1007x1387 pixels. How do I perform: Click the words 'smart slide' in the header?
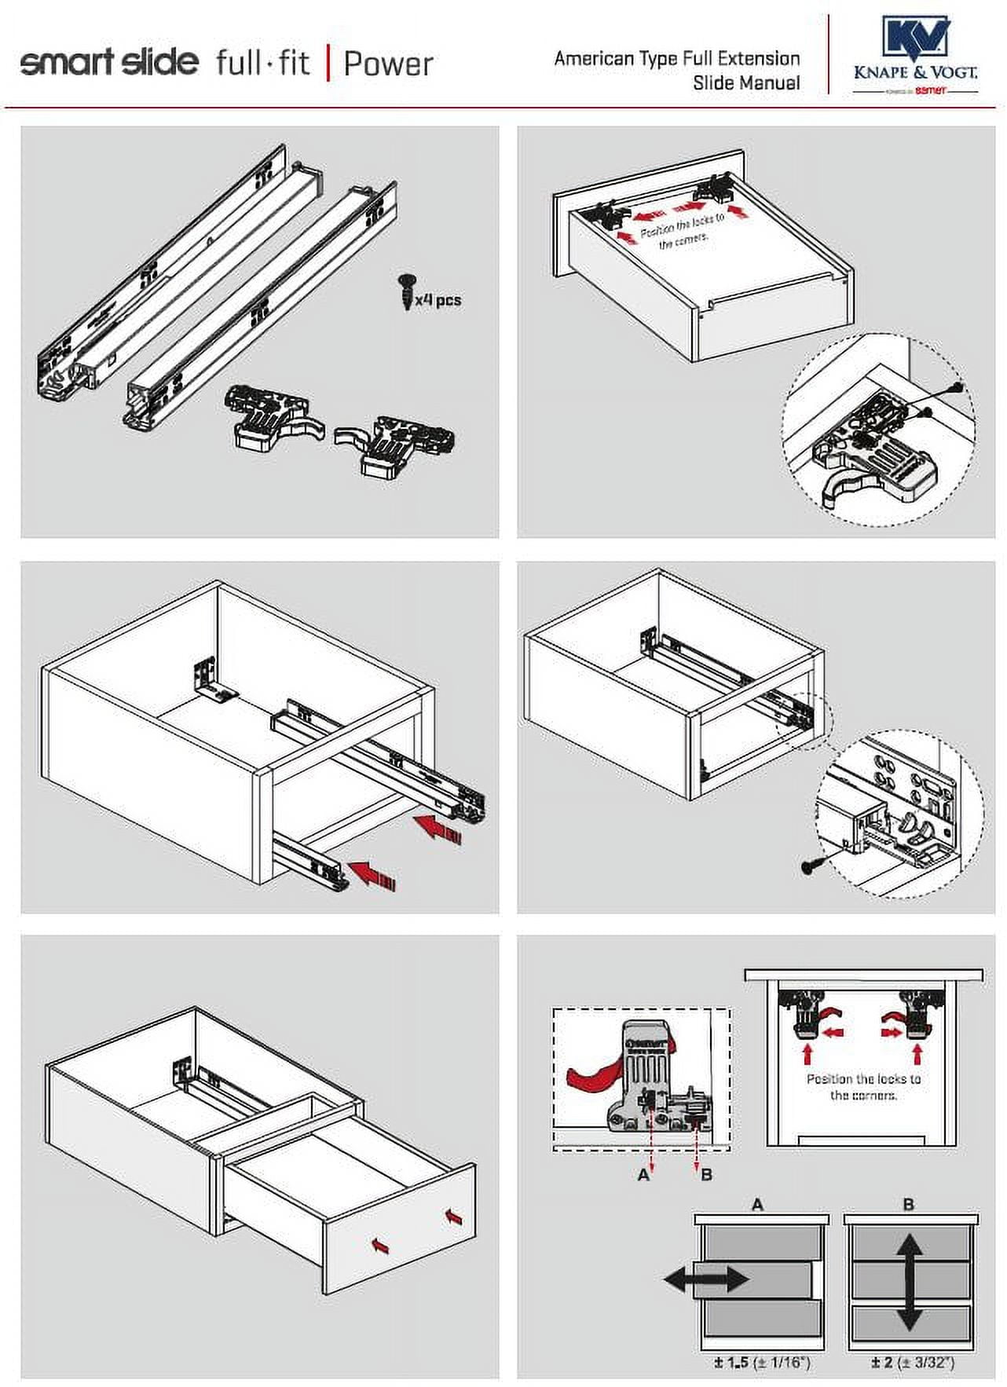click(109, 62)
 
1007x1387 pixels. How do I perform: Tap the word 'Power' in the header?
click(388, 64)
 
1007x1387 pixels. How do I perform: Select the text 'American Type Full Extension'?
click(676, 59)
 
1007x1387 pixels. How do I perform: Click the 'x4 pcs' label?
click(438, 300)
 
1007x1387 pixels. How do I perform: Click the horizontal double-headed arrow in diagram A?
click(706, 1279)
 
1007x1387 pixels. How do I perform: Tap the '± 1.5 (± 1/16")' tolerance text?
click(761, 1363)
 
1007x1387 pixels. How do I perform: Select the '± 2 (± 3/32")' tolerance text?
click(912, 1363)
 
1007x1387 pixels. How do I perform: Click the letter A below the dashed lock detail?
click(644, 1175)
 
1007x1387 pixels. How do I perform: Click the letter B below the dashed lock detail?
click(706, 1175)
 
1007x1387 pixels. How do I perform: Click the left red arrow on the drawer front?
click(380, 1246)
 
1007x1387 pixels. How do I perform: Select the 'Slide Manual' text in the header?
click(746, 83)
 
